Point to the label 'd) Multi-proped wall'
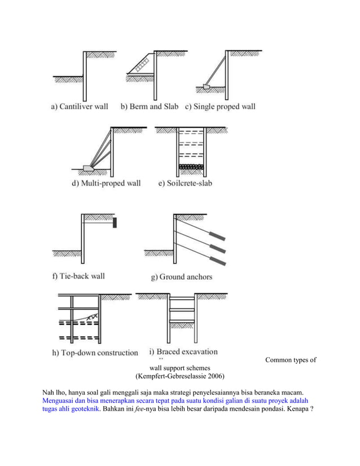[106, 183]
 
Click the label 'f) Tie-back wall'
[78, 276]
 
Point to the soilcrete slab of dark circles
[190, 167]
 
